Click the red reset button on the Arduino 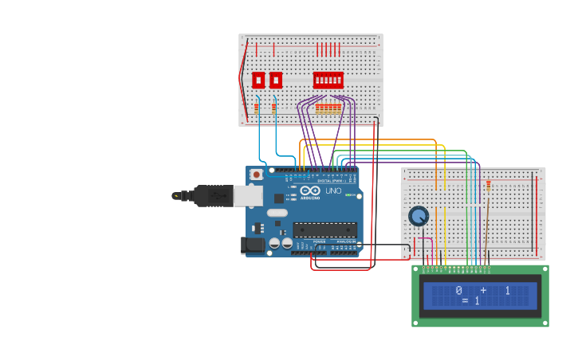[256, 175]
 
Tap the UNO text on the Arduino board [333, 190]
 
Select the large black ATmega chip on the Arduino [324, 230]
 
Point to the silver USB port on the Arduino [248, 195]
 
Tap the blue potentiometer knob [419, 216]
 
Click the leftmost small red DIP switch [258, 80]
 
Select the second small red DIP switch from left [276, 80]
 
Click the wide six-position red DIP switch [328, 80]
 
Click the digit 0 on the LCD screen [459, 291]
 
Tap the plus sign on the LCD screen [483, 291]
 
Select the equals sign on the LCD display [465, 301]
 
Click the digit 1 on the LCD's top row [507, 291]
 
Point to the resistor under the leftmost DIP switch [257, 108]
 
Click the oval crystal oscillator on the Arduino [277, 213]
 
